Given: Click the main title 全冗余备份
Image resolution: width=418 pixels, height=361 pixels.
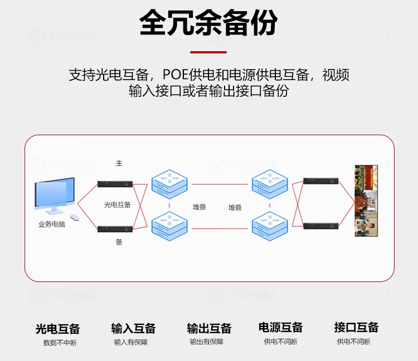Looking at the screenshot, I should click(x=208, y=24).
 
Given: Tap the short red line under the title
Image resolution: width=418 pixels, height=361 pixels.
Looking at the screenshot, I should click(x=208, y=52).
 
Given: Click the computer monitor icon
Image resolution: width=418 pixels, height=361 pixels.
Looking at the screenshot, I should click(x=54, y=196).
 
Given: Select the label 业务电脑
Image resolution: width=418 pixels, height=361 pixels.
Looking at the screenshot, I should click(x=52, y=225).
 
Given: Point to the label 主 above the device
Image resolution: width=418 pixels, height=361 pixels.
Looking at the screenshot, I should click(x=119, y=163).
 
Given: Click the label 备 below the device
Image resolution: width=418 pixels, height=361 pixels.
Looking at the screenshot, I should click(x=119, y=242).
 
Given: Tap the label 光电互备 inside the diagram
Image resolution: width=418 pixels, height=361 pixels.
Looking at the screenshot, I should click(x=118, y=205).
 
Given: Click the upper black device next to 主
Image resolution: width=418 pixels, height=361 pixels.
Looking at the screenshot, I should click(x=115, y=184).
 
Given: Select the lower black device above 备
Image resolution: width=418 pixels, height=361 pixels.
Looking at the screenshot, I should click(x=115, y=229).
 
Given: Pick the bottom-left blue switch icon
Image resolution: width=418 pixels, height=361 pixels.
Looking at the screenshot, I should click(x=169, y=225).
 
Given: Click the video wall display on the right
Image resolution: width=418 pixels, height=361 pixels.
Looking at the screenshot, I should click(x=366, y=201).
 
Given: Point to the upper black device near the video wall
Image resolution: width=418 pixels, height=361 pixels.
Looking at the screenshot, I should click(x=320, y=181).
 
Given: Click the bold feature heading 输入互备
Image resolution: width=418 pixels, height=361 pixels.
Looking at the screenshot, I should click(x=133, y=328).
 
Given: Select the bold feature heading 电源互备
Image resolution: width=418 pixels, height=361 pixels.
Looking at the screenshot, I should click(x=280, y=327).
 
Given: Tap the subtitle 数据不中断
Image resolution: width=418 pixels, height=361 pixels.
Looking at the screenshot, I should click(x=60, y=343).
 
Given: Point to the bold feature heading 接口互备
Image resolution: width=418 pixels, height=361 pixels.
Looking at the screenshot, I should click(x=356, y=327).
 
